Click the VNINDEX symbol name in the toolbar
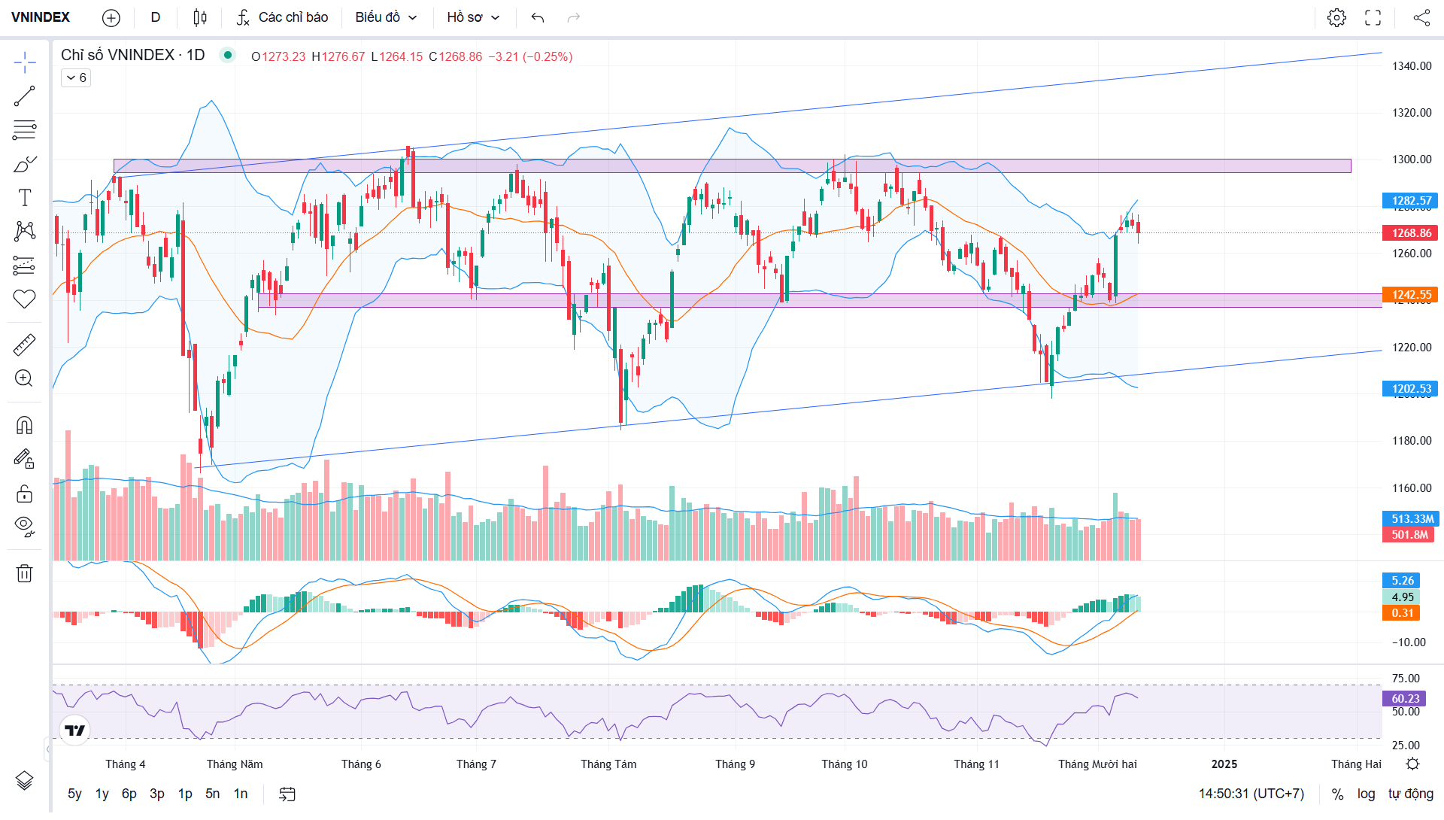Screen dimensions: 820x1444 point(41,17)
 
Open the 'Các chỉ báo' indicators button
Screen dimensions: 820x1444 point(283,17)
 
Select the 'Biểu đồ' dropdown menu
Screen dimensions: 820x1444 point(386,17)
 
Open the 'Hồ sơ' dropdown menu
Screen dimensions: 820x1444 point(473,17)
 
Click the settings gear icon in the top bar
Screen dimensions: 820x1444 point(1336,17)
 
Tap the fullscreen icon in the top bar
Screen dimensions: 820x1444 point(1373,17)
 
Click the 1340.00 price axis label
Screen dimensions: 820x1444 point(1411,66)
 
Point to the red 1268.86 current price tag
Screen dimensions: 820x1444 point(1410,233)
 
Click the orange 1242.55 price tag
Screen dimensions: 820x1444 point(1410,295)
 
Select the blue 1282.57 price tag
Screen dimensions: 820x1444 point(1410,201)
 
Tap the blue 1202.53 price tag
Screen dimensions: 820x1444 point(1410,389)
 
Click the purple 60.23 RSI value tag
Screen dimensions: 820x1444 point(1404,699)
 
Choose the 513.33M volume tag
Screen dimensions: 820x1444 point(1410,519)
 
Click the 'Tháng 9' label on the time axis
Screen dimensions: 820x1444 point(735,764)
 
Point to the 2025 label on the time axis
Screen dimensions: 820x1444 point(1224,764)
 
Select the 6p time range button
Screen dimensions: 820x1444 point(129,794)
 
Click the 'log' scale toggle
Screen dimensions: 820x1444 point(1366,794)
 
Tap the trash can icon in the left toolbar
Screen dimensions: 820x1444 point(24,574)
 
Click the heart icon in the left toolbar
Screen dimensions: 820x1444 point(24,299)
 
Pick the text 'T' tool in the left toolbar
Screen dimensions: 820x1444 point(24,198)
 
